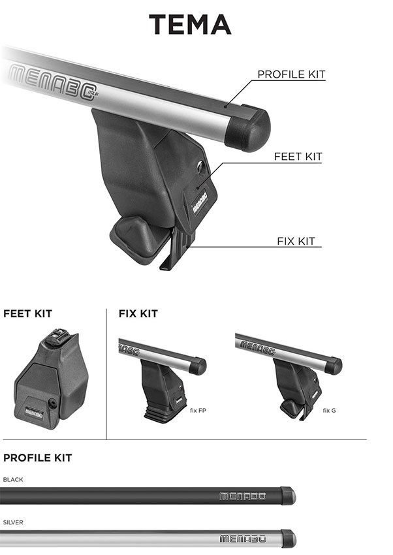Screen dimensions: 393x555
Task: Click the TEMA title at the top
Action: point(190,24)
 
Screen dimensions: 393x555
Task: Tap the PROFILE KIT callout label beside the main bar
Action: point(291,74)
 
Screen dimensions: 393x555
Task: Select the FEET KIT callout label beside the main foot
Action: point(298,157)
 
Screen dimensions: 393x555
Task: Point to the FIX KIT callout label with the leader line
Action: point(296,241)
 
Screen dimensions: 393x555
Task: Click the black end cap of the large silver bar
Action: point(247,128)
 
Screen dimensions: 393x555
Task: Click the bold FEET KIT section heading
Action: point(27,313)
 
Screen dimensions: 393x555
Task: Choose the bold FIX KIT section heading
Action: point(138,313)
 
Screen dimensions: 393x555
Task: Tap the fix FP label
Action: point(198,411)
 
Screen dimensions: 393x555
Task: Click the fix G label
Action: point(329,411)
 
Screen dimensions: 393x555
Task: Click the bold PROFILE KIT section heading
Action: point(37,458)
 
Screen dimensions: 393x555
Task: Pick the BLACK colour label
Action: point(13,480)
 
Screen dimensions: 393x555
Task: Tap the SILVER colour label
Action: point(13,522)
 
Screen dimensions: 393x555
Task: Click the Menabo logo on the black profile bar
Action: point(243,496)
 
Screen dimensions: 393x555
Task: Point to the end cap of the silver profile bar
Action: point(289,539)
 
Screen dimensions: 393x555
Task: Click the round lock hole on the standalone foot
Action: point(53,404)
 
